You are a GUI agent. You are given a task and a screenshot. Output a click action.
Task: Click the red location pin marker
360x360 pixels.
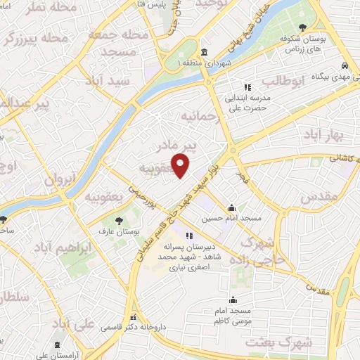(x=181, y=166)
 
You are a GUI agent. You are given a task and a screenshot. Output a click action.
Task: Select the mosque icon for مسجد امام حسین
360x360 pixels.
(x=232, y=207)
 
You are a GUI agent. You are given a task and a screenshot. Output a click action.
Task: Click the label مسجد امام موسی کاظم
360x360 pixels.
(x=233, y=314)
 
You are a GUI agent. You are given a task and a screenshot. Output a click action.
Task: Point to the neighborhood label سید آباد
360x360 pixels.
(x=106, y=82)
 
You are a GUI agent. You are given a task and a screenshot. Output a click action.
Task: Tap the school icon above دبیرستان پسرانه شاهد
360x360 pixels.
(x=188, y=236)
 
